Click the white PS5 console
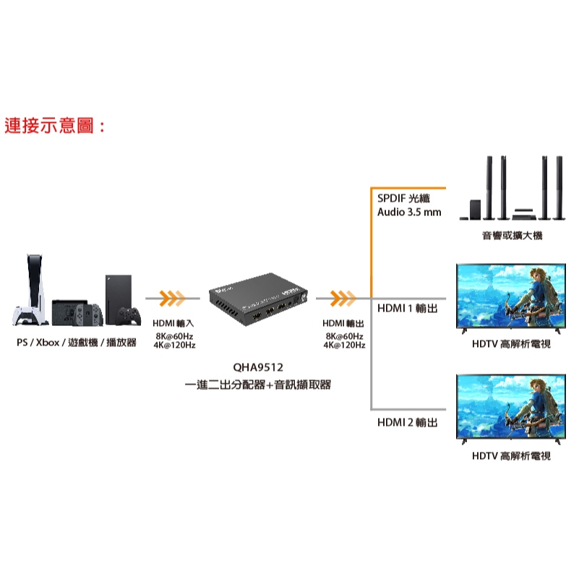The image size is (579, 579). click(x=30, y=291)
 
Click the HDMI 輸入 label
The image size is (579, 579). click(x=173, y=322)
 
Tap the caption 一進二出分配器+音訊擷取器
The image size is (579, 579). click(x=257, y=385)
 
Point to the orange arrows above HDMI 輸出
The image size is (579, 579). click(x=343, y=297)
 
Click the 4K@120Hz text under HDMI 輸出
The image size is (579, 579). click(x=344, y=346)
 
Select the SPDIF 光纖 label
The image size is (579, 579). click(x=403, y=199)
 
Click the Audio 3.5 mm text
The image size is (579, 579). click(x=409, y=213)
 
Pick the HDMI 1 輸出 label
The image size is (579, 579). click(x=408, y=309)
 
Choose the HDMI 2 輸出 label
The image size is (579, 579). click(x=408, y=422)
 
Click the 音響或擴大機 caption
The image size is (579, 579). click(x=511, y=236)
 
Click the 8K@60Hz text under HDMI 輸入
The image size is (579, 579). click(x=174, y=337)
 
